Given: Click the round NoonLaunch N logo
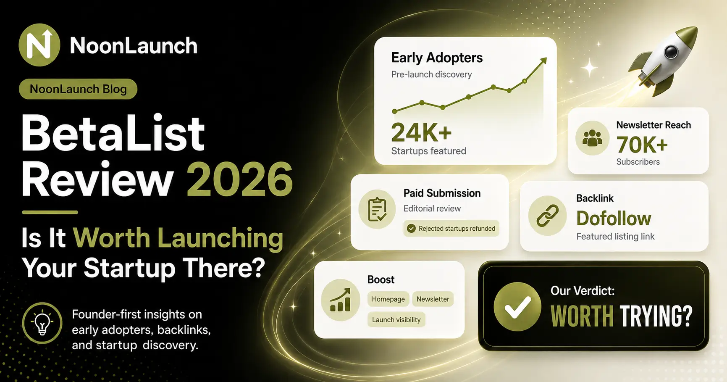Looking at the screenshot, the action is (39, 45).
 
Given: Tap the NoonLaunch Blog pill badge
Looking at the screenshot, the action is (78, 89).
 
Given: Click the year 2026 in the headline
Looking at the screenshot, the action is (240, 179).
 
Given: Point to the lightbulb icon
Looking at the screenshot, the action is (42, 324).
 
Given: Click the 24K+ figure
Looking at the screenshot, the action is (421, 132).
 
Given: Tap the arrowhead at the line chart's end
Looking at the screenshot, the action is (543, 61).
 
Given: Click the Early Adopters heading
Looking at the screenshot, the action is (437, 58).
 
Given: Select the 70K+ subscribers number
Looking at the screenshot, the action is (642, 145).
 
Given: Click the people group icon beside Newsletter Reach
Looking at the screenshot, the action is (593, 138).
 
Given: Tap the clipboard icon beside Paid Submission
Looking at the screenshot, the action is (377, 209).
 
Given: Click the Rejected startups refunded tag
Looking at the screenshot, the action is (451, 229).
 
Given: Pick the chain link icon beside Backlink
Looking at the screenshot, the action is (548, 216).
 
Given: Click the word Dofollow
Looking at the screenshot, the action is (614, 219).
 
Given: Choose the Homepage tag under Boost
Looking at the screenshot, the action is (388, 299).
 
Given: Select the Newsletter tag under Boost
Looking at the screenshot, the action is (433, 299).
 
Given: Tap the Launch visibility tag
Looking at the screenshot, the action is (396, 320).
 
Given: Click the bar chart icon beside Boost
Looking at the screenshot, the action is (340, 300).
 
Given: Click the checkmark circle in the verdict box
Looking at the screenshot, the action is (517, 307).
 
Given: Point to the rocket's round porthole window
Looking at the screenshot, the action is (671, 52).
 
